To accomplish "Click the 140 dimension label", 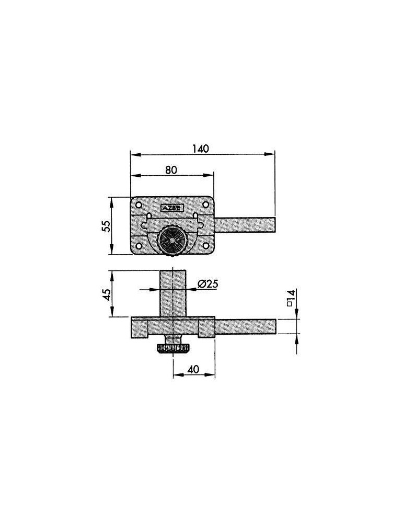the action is pyautogui.click(x=201, y=149).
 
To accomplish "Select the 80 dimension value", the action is pyautogui.click(x=171, y=170).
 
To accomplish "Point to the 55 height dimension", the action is pyautogui.click(x=106, y=226).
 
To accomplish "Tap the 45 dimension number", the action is pyautogui.click(x=107, y=294).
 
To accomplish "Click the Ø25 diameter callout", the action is pyautogui.click(x=208, y=284).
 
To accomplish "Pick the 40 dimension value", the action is pyautogui.click(x=193, y=369).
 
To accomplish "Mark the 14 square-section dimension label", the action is pyautogui.click(x=291, y=298).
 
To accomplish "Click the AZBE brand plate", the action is pyautogui.click(x=171, y=208).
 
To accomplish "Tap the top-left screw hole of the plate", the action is pyautogui.click(x=139, y=204).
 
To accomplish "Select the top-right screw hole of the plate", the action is pyautogui.click(x=206, y=204).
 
